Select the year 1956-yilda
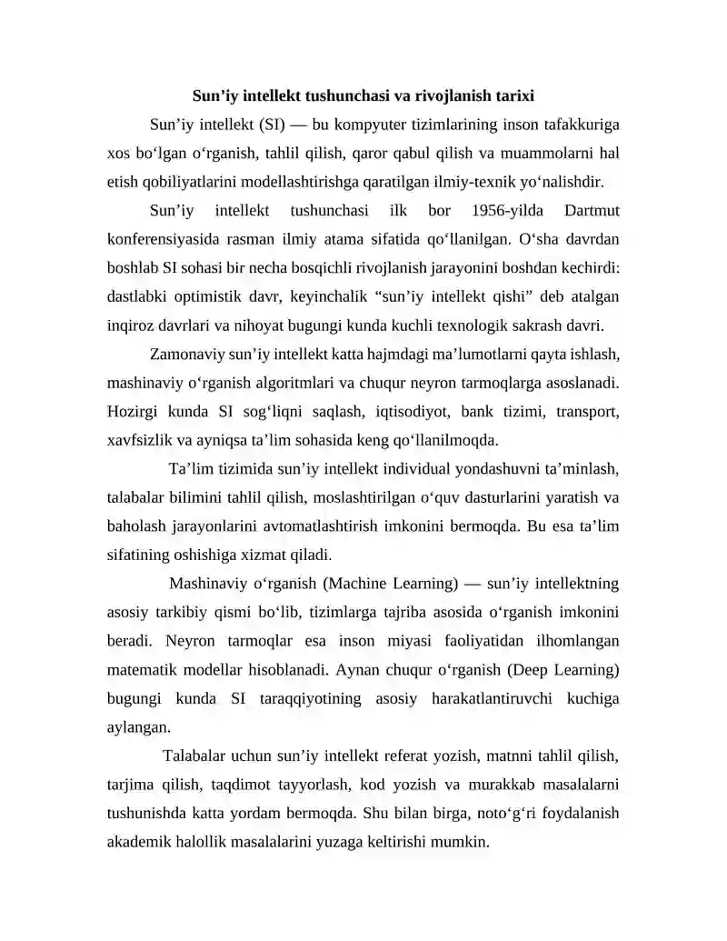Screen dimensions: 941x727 tap(509, 212)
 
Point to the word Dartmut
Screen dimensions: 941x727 tap(592, 212)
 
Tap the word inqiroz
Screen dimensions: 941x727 tap(131, 325)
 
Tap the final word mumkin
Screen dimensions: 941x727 tap(464, 842)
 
